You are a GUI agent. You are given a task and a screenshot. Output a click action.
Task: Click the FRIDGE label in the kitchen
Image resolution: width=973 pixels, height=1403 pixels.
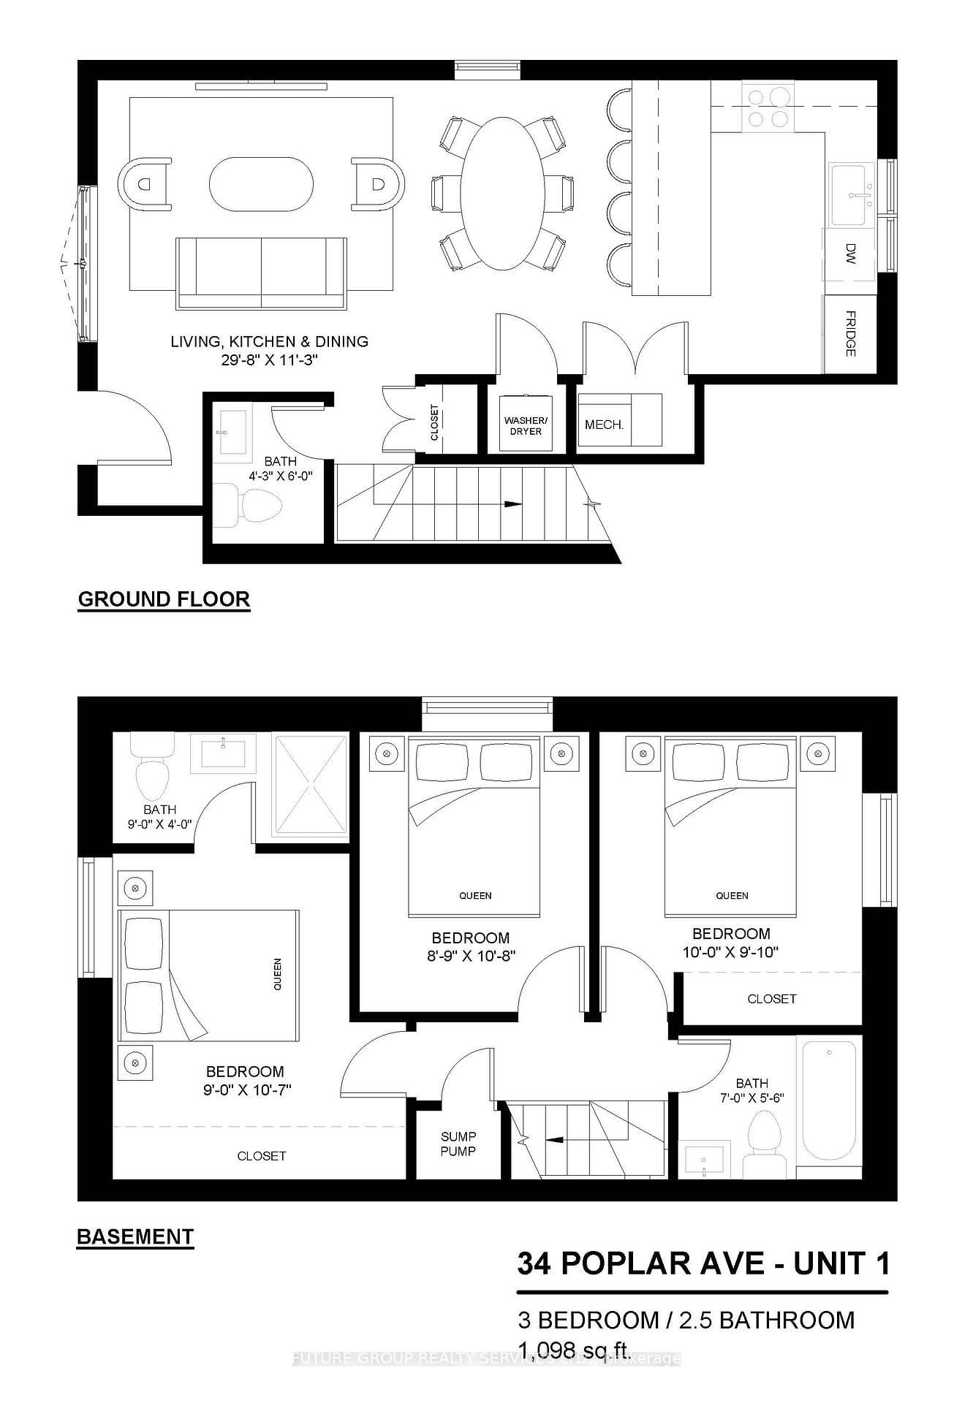850,334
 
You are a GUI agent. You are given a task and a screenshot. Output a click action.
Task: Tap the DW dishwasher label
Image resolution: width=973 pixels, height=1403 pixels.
850,254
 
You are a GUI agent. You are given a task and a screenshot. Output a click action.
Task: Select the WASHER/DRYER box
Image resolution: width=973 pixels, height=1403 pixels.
526,425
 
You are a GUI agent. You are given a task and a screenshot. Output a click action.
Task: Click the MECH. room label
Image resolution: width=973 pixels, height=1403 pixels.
604,425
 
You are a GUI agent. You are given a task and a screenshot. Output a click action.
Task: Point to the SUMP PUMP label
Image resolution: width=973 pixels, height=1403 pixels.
458,1144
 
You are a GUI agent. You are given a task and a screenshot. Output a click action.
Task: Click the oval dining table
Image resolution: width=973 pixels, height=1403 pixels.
502,194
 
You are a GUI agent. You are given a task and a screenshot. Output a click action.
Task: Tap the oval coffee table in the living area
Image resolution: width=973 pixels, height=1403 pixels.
261,184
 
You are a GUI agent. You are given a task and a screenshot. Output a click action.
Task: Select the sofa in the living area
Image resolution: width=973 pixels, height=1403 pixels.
261,273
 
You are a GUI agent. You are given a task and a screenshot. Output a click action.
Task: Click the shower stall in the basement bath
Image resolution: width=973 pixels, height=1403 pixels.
310,786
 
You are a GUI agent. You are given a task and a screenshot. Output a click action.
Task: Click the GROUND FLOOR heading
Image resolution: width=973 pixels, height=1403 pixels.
164,599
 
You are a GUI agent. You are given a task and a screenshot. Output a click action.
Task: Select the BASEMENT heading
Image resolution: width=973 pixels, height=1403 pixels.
135,1237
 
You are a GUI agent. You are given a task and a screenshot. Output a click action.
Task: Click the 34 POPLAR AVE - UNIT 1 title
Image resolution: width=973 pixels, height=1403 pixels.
703,1263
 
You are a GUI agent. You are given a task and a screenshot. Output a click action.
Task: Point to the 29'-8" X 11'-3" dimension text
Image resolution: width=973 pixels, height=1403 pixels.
270,360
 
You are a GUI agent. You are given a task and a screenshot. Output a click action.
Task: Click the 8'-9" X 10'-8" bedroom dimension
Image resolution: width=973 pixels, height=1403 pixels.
472,956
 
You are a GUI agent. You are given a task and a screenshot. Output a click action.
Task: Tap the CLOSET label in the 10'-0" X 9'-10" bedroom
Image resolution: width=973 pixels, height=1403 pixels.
771,999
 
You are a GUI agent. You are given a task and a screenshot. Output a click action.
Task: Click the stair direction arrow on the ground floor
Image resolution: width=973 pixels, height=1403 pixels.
512,504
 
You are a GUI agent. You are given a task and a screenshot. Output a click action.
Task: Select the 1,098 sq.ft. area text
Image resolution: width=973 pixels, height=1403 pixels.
574,1348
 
